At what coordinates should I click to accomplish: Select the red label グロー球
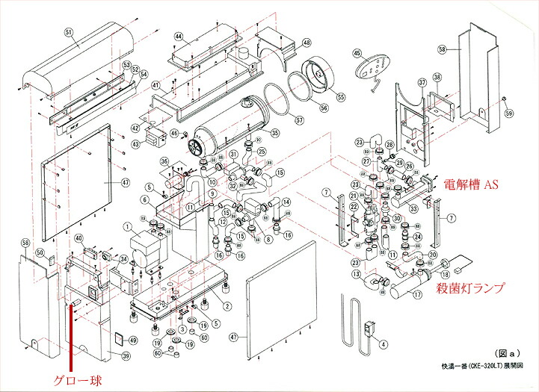tap(76, 380)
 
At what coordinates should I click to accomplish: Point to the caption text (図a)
tap(506, 352)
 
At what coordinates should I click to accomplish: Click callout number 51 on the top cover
tap(70, 32)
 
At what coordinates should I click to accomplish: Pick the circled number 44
tap(179, 37)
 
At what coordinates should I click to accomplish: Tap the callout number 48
tap(307, 43)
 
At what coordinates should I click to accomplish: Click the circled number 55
tap(341, 96)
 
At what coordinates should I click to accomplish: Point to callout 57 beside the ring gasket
tap(299, 120)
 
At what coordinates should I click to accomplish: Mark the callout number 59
tap(510, 114)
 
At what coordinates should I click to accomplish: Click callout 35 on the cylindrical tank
tap(274, 133)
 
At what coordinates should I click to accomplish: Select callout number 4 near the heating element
tap(383, 345)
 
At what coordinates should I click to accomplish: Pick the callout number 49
tap(133, 340)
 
